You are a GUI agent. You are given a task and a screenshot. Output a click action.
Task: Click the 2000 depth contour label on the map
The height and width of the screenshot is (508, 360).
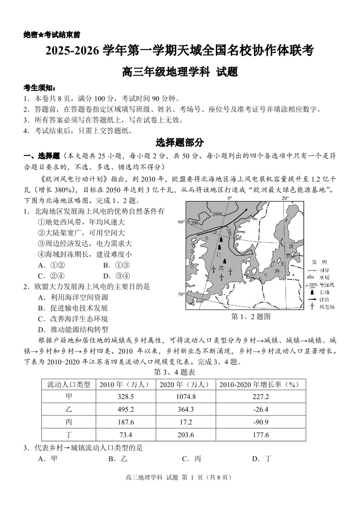pyautogui.click(x=216, y=214)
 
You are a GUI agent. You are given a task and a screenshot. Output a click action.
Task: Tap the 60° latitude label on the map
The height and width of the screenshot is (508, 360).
pyautogui.click(x=182, y=222)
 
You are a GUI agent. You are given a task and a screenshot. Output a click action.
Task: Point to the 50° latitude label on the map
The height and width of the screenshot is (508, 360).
pyautogui.click(x=182, y=294)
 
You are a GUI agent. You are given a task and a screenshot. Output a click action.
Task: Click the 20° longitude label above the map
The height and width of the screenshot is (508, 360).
pyautogui.click(x=284, y=198)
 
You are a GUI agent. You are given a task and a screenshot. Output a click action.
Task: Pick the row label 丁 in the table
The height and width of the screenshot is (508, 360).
pyautogui.click(x=69, y=435)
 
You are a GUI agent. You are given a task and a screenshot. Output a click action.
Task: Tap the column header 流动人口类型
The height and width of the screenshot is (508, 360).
pyautogui.click(x=69, y=384)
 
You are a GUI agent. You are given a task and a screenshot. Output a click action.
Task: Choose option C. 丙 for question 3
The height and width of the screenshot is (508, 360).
pyautogui.click(x=191, y=458)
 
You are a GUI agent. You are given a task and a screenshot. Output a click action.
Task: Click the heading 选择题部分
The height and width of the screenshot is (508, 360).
pyautogui.click(x=179, y=142)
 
